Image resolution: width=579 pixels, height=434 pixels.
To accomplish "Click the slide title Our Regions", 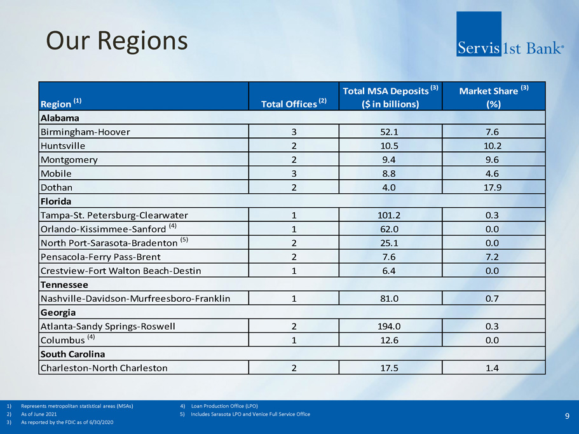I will pos(117,41).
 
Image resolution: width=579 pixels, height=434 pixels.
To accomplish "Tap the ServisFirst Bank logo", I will pos(509,34).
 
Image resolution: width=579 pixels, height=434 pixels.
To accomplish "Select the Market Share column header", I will pos(493,97).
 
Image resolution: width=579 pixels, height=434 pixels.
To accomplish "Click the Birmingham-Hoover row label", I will pos(85,132).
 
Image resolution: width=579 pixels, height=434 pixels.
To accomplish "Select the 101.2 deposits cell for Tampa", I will pos(388,215).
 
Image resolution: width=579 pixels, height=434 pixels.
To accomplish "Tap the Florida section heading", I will pos(56,201).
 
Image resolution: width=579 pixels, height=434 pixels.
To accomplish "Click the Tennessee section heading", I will pos(64,285).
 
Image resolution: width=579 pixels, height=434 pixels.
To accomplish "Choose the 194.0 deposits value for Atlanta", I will pos(388,327).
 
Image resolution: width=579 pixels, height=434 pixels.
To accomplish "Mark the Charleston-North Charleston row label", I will pos(104,368).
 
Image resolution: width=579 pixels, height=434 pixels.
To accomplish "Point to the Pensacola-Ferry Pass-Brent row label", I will pos(100,257).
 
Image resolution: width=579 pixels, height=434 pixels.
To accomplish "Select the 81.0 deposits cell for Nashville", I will pos(388,299).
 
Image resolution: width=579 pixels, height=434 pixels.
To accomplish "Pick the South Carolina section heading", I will pos(72,354).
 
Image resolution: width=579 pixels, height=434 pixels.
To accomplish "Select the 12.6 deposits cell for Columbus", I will pos(388,340).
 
